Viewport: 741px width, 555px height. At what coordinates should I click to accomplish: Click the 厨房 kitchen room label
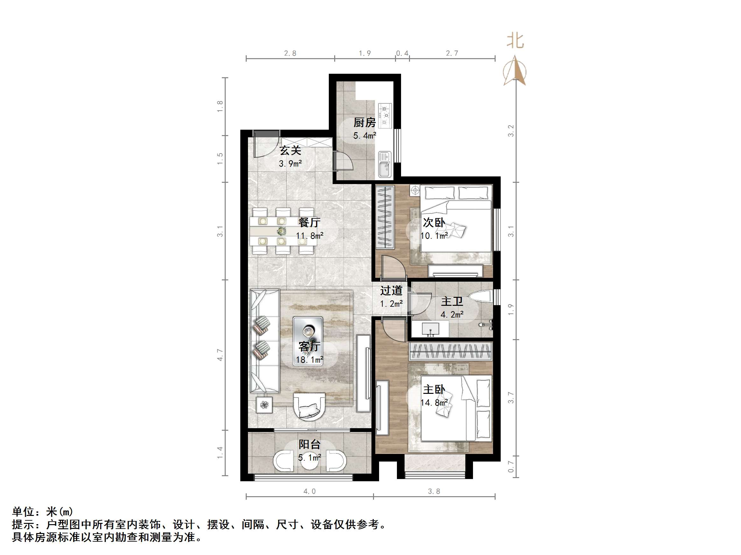(364, 123)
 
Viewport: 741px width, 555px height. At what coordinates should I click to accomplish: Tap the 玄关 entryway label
(290, 151)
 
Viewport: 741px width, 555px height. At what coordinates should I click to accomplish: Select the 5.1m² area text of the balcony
(309, 457)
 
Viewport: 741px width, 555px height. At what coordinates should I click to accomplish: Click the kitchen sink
(385, 164)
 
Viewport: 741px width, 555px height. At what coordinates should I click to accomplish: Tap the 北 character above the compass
(515, 41)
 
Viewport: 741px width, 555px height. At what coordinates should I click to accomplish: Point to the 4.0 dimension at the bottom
(309, 491)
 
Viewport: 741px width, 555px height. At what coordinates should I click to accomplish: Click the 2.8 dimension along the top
(290, 53)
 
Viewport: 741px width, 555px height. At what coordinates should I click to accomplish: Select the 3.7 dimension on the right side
(511, 397)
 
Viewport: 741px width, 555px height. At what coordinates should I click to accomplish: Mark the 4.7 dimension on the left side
(220, 355)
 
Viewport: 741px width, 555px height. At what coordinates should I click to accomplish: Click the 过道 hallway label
(391, 291)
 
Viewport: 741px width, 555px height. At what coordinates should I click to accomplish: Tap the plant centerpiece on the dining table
(282, 231)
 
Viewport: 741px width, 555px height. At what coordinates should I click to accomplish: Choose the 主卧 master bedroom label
(434, 389)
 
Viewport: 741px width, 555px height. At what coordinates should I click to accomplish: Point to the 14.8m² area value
(434, 402)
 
